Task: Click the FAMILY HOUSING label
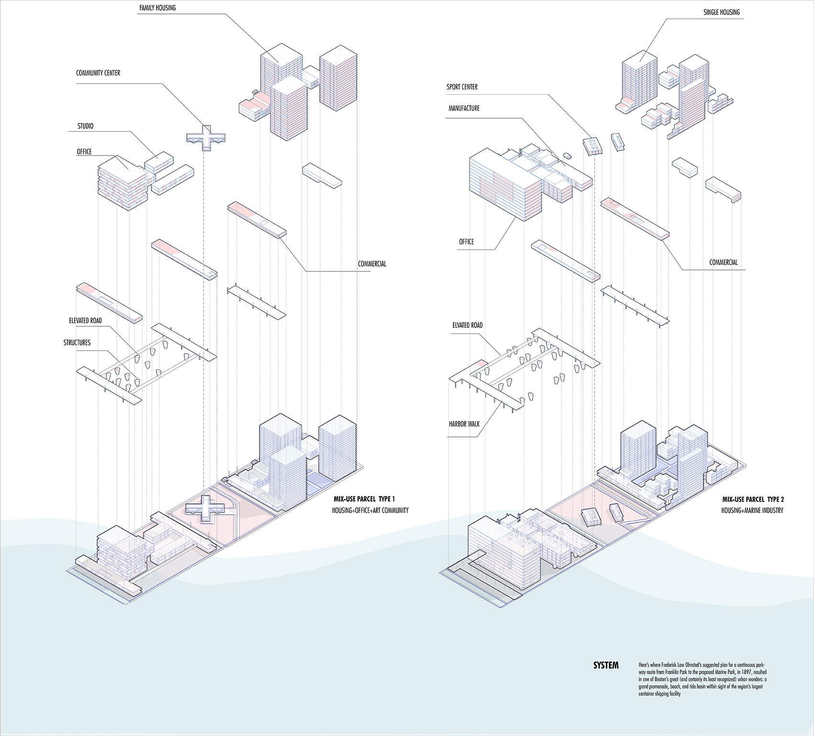tap(158, 8)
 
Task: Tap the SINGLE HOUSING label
tap(722, 12)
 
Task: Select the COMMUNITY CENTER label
tap(98, 73)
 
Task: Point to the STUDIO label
tap(86, 126)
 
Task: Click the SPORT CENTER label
tap(462, 87)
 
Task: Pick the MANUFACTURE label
tap(464, 109)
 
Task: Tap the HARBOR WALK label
tap(464, 424)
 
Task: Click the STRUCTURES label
tap(77, 343)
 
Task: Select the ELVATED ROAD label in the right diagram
tap(467, 325)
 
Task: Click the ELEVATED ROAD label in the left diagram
tap(85, 321)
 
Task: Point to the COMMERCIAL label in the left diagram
tap(372, 264)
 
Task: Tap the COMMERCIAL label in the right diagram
tap(724, 263)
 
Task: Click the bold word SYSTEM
tap(606, 666)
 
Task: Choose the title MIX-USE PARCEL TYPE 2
tap(753, 500)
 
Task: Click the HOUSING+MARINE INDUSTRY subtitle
tap(752, 511)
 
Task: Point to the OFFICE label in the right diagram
tap(466, 242)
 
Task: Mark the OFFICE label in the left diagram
tap(84, 152)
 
